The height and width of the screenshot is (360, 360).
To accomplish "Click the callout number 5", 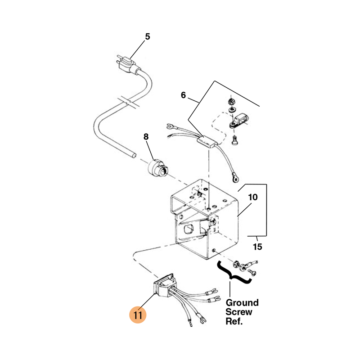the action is [x=148, y=36].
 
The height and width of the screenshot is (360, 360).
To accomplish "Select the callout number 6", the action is [x=183, y=95].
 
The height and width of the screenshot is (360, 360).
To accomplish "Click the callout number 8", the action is [x=146, y=137].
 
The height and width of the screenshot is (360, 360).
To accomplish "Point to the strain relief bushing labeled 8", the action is [x=158, y=168].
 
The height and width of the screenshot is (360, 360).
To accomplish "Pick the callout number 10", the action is [x=253, y=197].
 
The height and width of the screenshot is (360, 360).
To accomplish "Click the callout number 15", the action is [x=257, y=247].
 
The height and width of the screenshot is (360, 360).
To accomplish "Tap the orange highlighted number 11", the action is [x=138, y=315].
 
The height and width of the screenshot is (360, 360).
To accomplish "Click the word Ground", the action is [x=242, y=303].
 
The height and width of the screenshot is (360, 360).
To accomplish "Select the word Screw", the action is [x=239, y=312].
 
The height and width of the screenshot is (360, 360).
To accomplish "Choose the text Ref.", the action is [x=234, y=321].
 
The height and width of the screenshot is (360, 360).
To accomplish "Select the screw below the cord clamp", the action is [x=234, y=140].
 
